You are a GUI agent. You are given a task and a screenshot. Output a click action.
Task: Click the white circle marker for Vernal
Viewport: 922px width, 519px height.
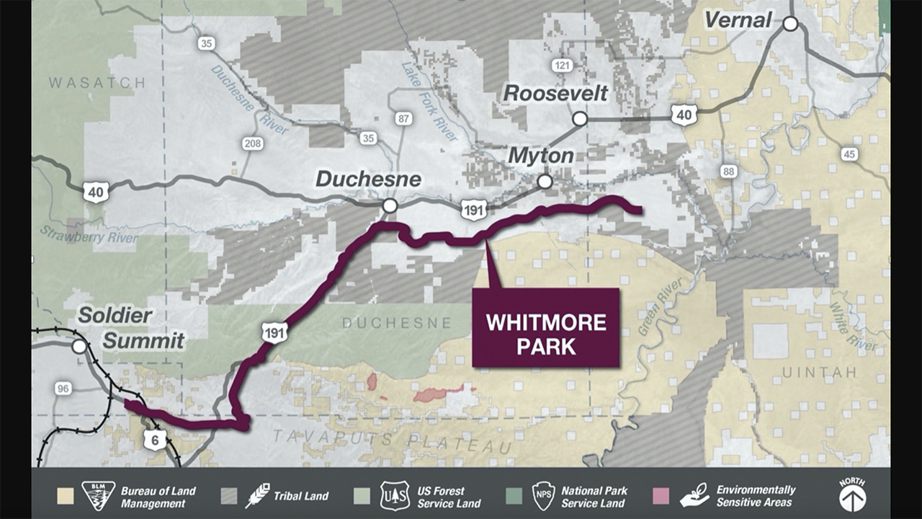[x=790, y=24]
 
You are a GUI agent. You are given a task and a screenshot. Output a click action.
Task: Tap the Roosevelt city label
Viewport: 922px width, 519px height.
[x=555, y=93]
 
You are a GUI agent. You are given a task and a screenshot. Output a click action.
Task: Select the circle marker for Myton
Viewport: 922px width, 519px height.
[x=545, y=181]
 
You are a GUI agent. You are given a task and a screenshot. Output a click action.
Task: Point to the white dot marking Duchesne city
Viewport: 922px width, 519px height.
[x=390, y=206]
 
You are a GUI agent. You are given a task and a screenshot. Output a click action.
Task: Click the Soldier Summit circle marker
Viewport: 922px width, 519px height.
[x=79, y=347]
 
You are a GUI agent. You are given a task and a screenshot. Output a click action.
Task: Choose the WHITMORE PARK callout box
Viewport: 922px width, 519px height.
[x=546, y=327]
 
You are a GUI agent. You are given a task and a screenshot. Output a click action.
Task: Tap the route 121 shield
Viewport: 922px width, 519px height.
[x=562, y=66]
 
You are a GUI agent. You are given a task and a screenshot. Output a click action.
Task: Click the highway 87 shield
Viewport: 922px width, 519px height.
[x=403, y=118]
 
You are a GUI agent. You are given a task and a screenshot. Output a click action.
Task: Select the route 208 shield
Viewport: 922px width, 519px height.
[x=252, y=144]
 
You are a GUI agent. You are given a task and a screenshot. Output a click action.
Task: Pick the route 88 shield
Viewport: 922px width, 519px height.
[x=728, y=171]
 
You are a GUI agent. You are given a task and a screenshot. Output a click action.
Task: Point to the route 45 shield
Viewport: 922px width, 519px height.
[x=849, y=154]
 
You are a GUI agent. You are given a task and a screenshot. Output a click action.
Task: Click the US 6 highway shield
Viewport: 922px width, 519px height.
[x=155, y=438]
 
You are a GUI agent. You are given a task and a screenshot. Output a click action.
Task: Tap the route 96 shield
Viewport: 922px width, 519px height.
[x=64, y=389]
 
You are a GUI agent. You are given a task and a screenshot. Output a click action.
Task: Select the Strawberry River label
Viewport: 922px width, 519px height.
[x=79, y=235]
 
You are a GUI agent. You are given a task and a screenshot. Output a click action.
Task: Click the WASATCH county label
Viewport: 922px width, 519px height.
[x=97, y=84]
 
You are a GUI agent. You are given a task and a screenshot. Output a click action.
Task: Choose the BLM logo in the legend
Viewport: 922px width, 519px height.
[x=99, y=496]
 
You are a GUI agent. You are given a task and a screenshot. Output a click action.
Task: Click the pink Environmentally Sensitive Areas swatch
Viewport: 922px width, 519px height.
[x=660, y=497]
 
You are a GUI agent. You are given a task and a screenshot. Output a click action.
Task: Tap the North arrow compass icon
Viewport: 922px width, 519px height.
[x=852, y=495]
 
